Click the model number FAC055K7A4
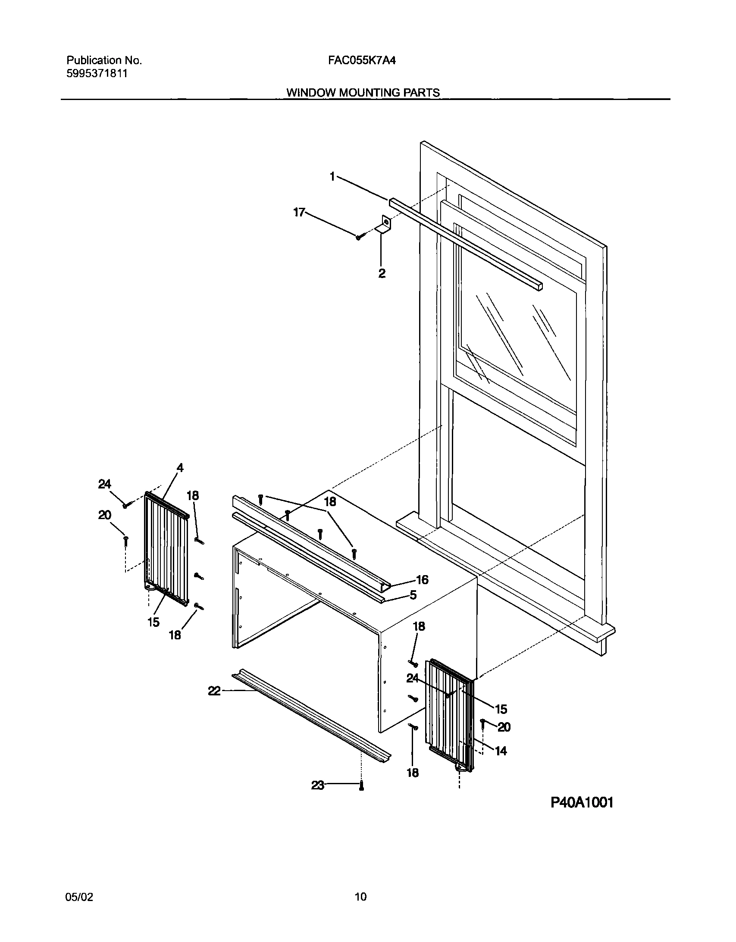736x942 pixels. tap(361, 61)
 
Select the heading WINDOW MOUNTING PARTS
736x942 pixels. tap(363, 93)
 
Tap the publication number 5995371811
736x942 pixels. tap(97, 73)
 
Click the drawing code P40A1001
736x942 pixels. tap(582, 802)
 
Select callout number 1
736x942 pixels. tap(332, 176)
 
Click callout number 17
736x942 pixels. tap(299, 212)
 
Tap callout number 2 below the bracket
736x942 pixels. tap(382, 273)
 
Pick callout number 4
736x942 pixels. tap(180, 468)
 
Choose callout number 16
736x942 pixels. tap(422, 580)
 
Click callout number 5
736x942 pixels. tap(413, 595)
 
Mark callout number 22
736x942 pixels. tap(214, 691)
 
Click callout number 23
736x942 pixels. tap(317, 786)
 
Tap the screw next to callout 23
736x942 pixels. tap(361, 786)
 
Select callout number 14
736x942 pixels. tap(501, 751)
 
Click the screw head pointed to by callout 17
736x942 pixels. tap(359, 236)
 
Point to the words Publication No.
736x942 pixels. tap(104, 61)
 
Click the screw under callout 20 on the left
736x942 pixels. tap(125, 541)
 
